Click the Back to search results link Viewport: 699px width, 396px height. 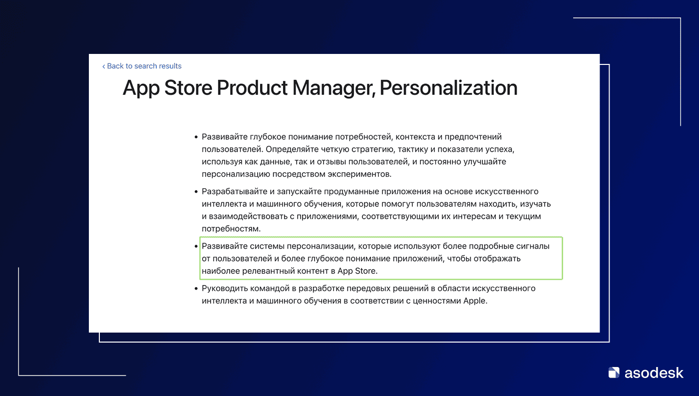(x=142, y=66)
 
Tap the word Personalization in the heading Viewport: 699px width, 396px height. (x=448, y=87)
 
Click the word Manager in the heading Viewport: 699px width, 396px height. (x=334, y=88)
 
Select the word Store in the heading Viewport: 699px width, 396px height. (x=188, y=87)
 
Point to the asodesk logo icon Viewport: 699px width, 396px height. (x=614, y=373)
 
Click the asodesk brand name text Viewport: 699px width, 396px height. (x=654, y=373)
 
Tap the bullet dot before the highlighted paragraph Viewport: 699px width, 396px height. (x=196, y=246)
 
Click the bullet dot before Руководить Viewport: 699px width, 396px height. (x=196, y=288)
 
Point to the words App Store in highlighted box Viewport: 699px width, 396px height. (x=356, y=271)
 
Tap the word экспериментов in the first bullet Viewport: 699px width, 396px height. (x=359, y=174)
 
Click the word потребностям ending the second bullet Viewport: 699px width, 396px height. (x=231, y=229)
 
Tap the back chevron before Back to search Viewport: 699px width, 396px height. (x=104, y=66)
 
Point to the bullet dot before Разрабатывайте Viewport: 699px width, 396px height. (x=196, y=192)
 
